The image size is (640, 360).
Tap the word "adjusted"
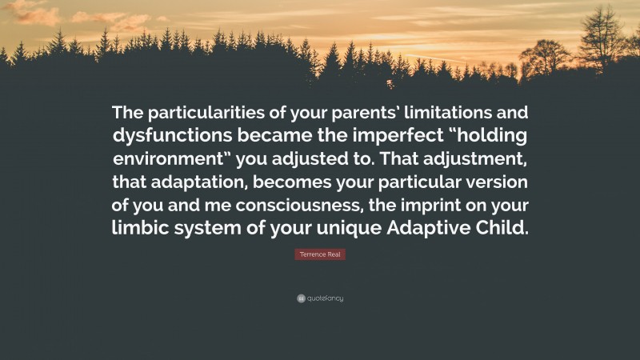click(x=321, y=157)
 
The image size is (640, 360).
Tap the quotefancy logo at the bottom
click(x=320, y=298)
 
